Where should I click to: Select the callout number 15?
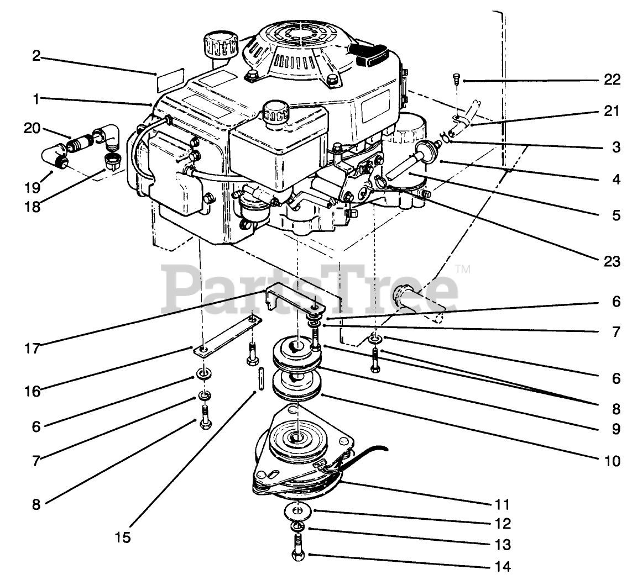(x=123, y=537)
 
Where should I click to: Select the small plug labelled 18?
(x=112, y=161)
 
